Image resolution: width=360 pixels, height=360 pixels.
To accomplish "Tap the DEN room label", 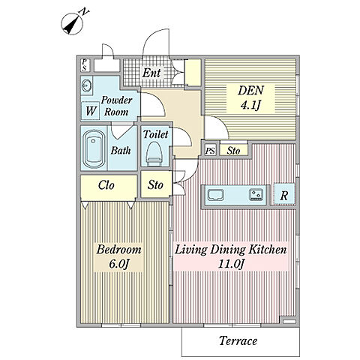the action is pos(250,90).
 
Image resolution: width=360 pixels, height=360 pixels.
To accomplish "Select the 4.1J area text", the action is pos(250,105).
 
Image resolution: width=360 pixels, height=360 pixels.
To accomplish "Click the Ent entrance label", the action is pos(151,73).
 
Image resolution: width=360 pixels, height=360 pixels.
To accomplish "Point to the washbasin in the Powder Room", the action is pos(86,85).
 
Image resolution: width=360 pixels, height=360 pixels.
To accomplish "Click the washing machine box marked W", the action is pos(90,111).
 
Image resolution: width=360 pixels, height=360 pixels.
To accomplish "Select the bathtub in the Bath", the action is pos(94,148).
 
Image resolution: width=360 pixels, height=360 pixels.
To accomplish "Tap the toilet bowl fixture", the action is pos(154,154).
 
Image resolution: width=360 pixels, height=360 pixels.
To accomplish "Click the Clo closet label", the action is pos(106,185).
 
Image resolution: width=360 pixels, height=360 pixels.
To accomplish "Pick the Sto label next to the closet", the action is pos(155,185).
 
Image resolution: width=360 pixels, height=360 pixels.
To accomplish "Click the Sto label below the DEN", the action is pos(233,151).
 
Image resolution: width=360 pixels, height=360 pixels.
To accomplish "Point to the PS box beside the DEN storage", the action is pos(210,151).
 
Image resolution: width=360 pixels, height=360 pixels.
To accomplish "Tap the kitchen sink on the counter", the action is pos(215,195).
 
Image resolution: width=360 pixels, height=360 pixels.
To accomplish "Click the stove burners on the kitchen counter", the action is pos(256,195).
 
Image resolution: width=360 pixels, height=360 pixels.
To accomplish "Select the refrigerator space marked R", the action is pos(284,195).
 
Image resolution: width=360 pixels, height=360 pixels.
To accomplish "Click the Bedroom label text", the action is pos(118,250).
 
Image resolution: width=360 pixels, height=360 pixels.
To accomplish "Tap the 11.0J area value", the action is pos(231,264).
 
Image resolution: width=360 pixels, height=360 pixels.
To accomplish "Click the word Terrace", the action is pos(238,340).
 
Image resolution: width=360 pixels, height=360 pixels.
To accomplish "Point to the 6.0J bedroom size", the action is pos(119,264).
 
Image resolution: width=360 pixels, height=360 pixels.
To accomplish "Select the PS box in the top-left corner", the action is pos(85,65).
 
